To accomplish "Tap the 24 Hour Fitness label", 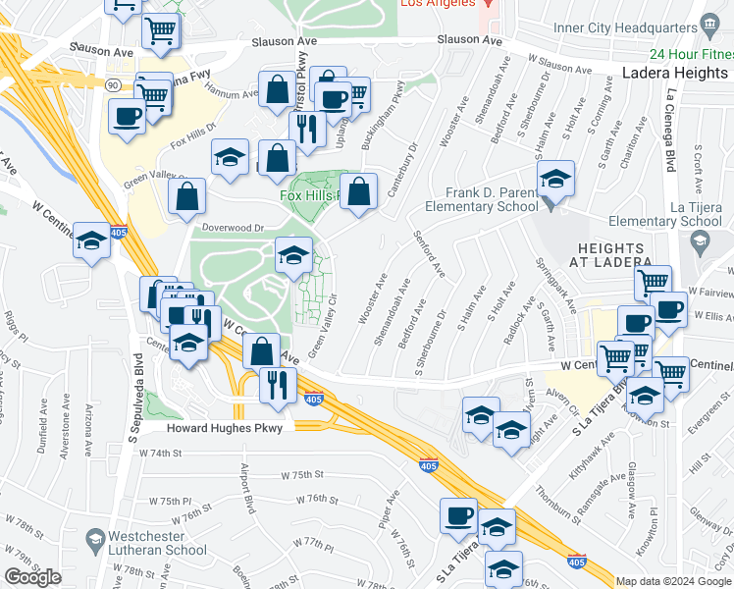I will (x=676, y=55).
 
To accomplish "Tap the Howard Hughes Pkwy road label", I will (x=225, y=428).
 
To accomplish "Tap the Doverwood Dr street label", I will (x=234, y=228).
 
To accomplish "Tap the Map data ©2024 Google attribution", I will (x=673, y=581).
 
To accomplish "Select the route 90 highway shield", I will (x=113, y=86).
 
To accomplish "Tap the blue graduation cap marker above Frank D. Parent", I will (x=555, y=179).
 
